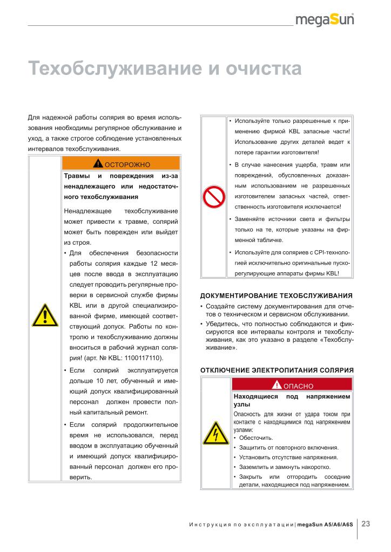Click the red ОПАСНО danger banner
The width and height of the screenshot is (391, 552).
point(292,385)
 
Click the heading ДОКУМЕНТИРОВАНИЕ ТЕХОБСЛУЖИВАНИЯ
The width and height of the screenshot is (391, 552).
point(276,295)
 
